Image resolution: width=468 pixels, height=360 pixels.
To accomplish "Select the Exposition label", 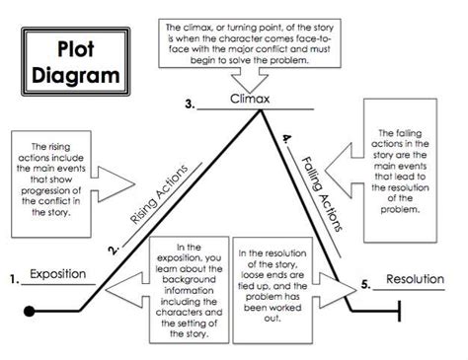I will click(58, 273).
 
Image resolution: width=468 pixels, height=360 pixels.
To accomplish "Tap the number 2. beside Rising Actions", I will click(115, 250).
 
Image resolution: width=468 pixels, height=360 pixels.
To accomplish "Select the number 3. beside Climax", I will click(190, 103).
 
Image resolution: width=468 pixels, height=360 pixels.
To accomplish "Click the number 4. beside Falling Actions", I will click(286, 141).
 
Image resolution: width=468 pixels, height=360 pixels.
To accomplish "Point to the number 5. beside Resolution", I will click(365, 285).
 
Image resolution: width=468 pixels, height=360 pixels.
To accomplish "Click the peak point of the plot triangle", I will click(262, 110).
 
